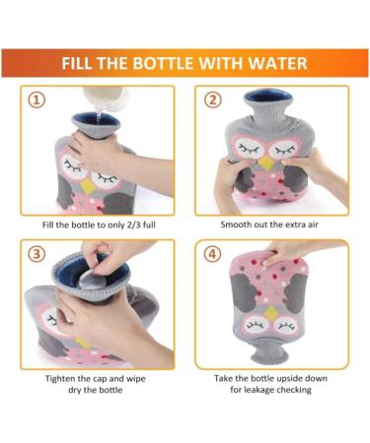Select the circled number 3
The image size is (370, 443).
click(37, 253)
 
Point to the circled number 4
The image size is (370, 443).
click(212, 253)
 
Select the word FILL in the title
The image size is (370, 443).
click(82, 64)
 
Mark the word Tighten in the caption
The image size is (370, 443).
click(66, 378)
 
